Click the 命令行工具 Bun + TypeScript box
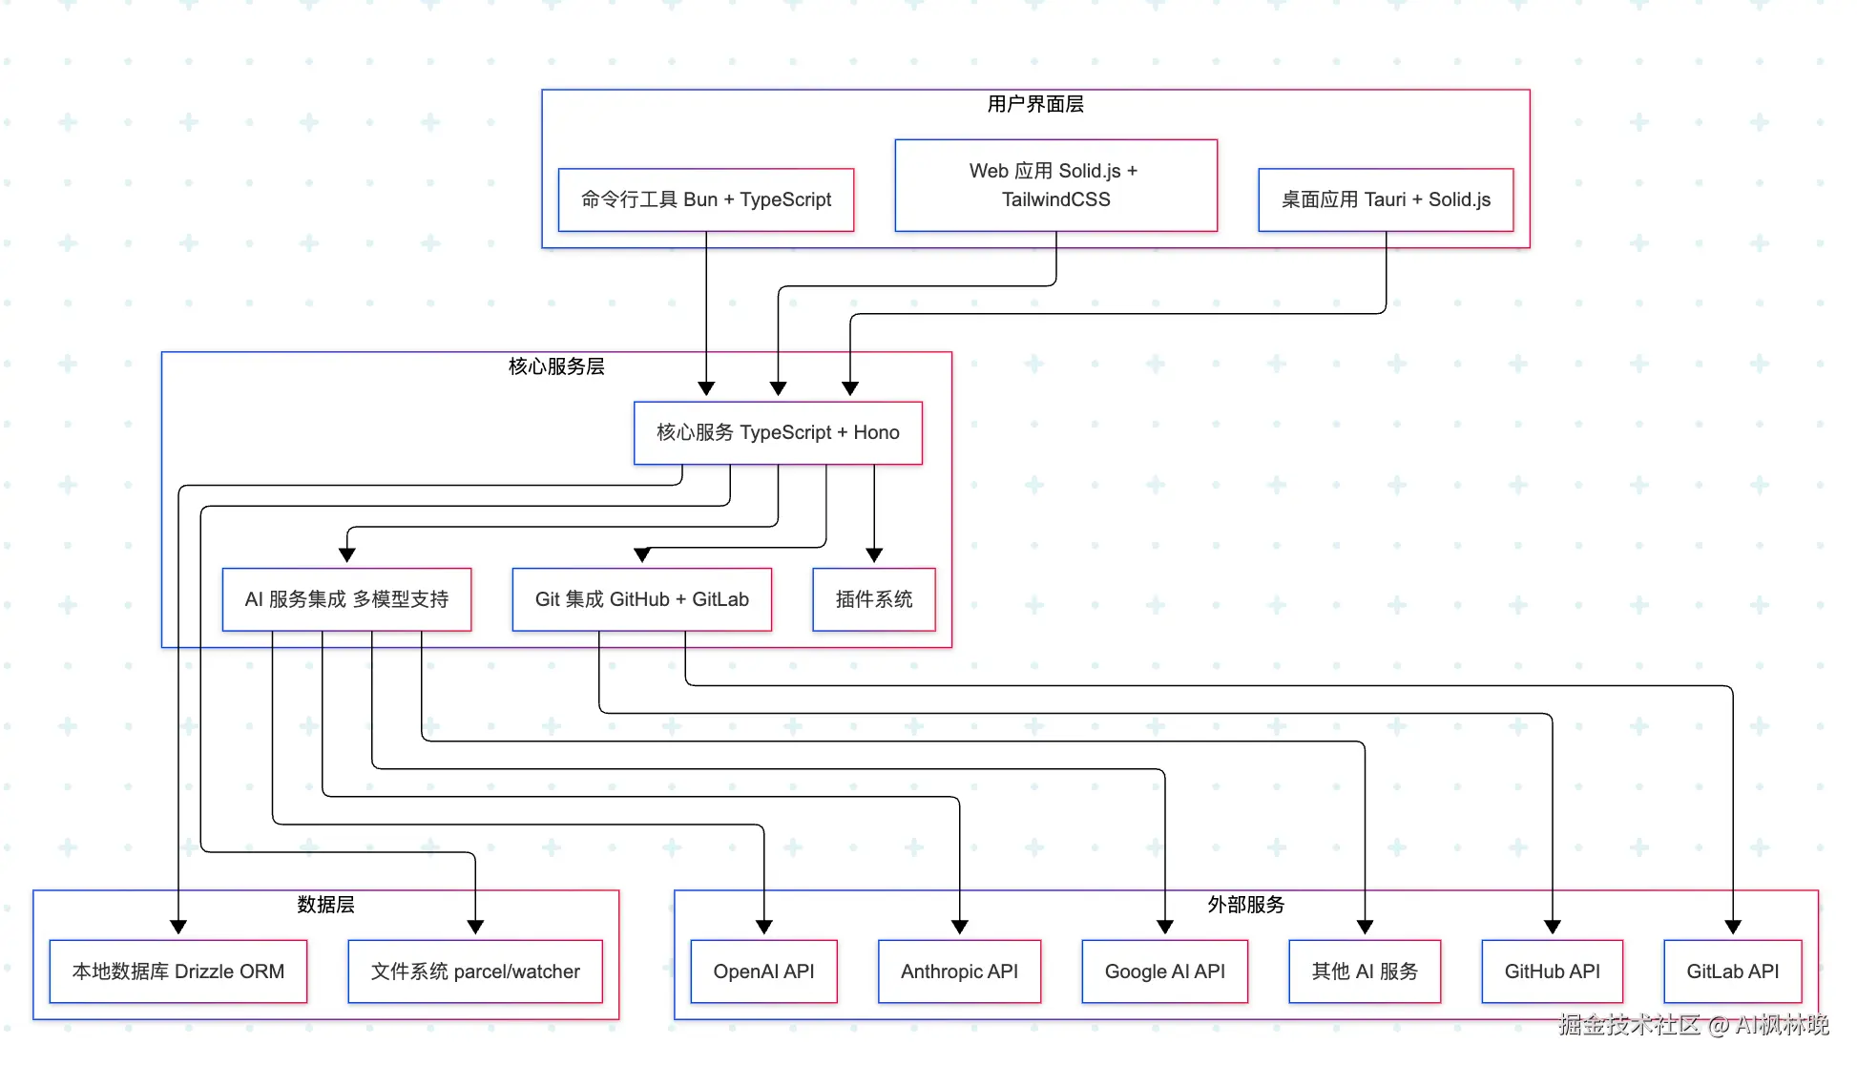(x=705, y=199)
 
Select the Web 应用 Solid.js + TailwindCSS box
(x=1055, y=185)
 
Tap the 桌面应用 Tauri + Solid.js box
(x=1385, y=199)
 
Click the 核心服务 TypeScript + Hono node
(x=778, y=432)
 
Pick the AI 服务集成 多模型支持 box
(x=346, y=599)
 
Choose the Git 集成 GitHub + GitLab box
(x=641, y=599)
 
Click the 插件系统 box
(x=873, y=599)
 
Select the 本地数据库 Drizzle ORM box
(x=178, y=971)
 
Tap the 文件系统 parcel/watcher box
(x=475, y=971)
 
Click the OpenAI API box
(x=763, y=971)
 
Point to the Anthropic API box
(x=959, y=971)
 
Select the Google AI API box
(x=1164, y=971)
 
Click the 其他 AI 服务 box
(x=1365, y=971)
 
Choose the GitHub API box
(x=1552, y=971)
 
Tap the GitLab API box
(x=1732, y=971)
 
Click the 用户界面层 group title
(x=1035, y=104)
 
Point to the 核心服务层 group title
(x=556, y=366)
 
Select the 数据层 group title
(x=325, y=905)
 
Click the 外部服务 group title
(x=1245, y=905)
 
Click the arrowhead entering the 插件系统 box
(x=874, y=555)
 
